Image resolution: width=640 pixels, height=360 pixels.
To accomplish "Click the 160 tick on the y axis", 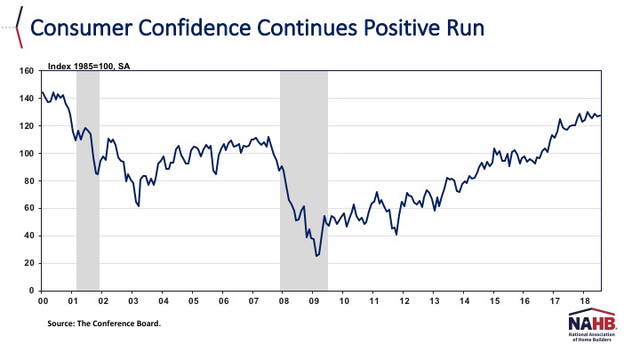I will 28,71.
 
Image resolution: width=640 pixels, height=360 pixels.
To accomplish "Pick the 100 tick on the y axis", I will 28,154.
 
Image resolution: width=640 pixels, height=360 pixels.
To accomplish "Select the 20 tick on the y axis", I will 29,263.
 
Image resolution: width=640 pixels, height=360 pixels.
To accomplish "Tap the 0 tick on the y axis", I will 32,291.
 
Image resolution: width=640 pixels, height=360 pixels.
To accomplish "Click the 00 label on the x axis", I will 43,301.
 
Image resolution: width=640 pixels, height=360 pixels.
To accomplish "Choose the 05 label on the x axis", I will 193,301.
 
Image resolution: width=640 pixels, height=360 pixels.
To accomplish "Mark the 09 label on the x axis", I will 314,301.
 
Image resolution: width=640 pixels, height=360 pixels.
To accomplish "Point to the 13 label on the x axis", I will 434,301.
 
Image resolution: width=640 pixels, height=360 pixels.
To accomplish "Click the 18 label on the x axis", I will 584,301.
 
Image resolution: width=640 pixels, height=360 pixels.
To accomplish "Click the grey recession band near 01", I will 87,178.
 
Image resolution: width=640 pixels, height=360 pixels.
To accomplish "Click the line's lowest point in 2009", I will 316,256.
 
